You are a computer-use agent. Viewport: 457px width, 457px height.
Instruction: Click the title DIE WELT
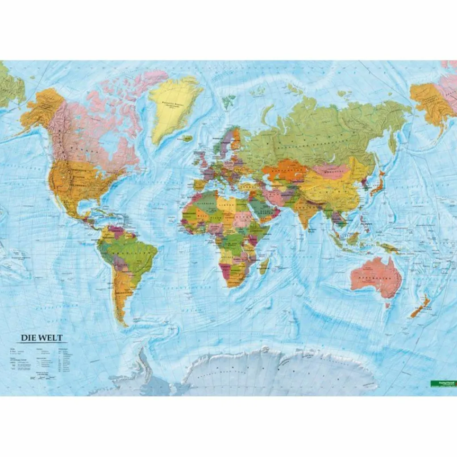[x=40, y=338]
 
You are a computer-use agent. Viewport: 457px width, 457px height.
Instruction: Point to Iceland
[x=187, y=139]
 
